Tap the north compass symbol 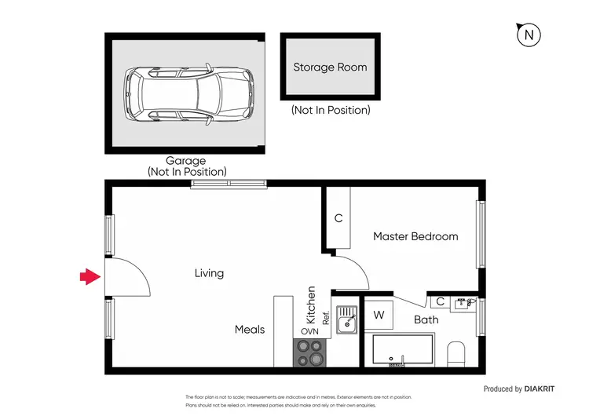(x=530, y=35)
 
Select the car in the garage (x=189, y=94)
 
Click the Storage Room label (x=330, y=68)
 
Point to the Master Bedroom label (x=415, y=236)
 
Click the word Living (x=209, y=274)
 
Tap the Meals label (x=250, y=330)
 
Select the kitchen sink (x=346, y=320)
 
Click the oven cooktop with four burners (x=310, y=353)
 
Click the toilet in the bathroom (x=456, y=354)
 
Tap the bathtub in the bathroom (x=402, y=351)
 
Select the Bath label (x=426, y=319)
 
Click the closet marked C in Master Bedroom (x=338, y=219)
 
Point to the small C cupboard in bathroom (x=441, y=301)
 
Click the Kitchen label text (x=311, y=305)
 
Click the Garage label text (x=185, y=161)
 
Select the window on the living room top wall (x=229, y=185)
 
